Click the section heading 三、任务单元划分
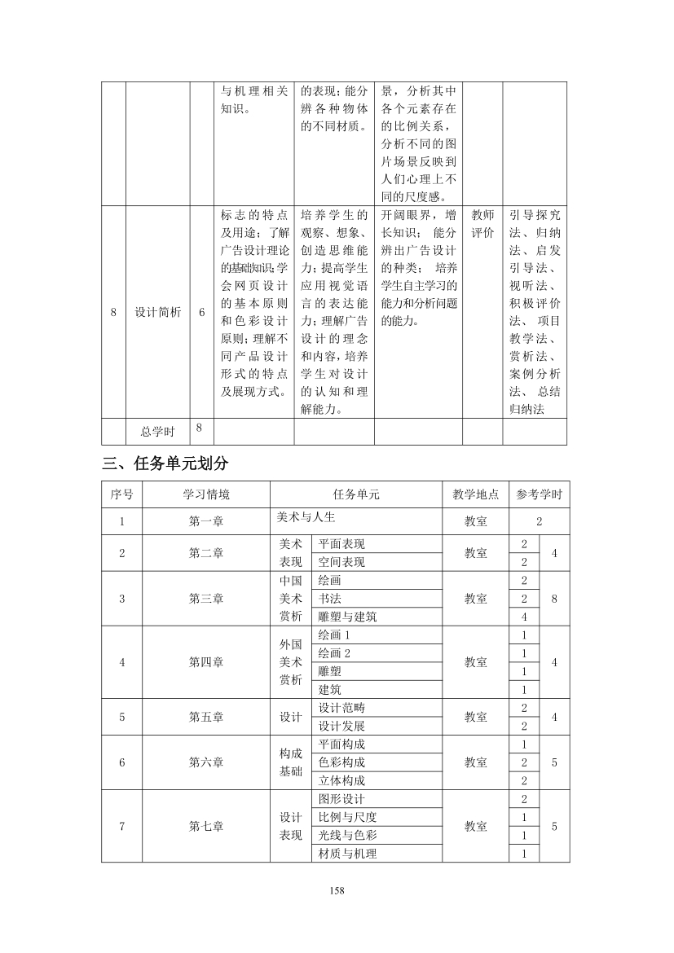tap(165, 463)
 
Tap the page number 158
tap(337, 890)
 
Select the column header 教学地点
tap(475, 494)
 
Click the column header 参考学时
tap(539, 494)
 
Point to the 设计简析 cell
tap(157, 312)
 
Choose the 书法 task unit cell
tap(329, 599)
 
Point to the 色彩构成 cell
tap(341, 762)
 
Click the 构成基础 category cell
tap(291, 762)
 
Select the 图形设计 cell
tap(341, 799)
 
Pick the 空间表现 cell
tap(341, 562)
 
